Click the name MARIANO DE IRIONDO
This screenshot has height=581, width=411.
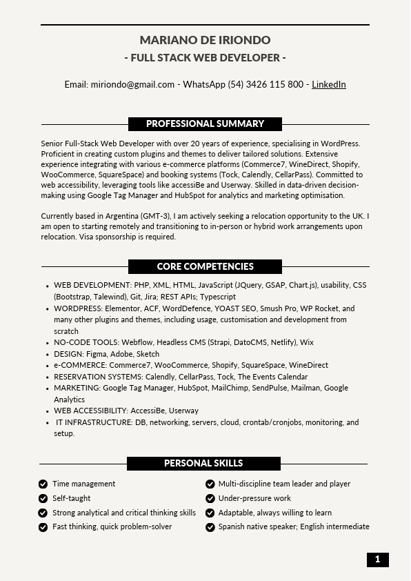point(205,40)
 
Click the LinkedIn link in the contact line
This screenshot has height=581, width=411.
point(329,84)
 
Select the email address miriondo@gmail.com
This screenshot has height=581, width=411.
point(132,84)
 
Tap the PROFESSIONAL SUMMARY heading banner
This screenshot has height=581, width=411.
point(205,124)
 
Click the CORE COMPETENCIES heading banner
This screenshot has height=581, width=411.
point(205,266)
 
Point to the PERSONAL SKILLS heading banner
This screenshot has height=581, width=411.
point(203,464)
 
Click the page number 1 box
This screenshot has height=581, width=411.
point(377,560)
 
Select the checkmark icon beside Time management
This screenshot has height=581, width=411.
point(43,484)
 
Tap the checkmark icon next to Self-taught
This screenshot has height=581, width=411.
point(43,498)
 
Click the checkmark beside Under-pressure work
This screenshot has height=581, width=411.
point(210,498)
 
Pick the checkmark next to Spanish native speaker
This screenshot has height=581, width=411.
point(210,527)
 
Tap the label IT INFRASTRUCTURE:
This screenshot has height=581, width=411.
point(94,422)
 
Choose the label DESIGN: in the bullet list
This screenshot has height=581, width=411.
point(69,354)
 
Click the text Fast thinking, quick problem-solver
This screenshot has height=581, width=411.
point(112,527)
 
